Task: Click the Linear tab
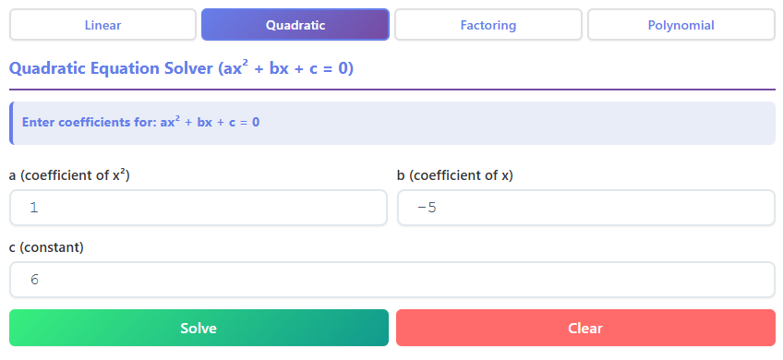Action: pos(102,25)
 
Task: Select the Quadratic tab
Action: pos(295,25)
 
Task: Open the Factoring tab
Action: pos(488,25)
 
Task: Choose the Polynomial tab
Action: pos(681,25)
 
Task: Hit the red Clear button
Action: pos(585,328)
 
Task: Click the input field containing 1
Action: pos(198,208)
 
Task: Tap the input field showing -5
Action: pos(585,208)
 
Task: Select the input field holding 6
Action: pos(391,280)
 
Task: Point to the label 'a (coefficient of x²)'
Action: pos(69,175)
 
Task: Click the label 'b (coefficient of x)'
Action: pos(454,175)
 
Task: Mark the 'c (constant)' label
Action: pos(46,247)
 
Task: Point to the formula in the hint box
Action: pos(210,122)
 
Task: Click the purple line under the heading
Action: pos(391,90)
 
